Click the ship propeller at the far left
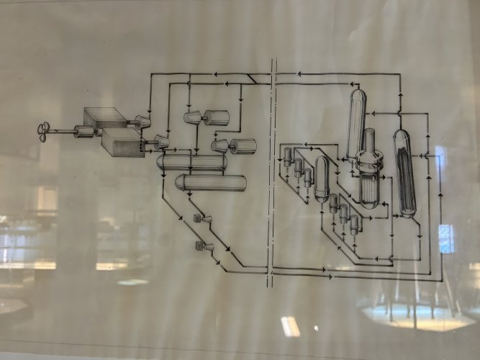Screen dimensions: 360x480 point(45,130)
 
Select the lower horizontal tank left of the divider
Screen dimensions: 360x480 point(210,182)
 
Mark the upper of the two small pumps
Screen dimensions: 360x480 point(199,218)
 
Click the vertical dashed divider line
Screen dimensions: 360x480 point(271,173)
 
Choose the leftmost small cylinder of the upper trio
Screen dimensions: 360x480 point(288,156)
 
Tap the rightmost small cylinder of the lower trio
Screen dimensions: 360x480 point(354,223)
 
